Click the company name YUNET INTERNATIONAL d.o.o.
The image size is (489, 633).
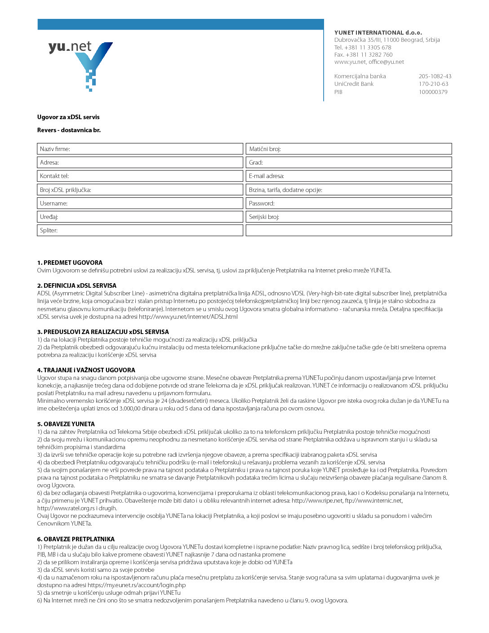point(378,32)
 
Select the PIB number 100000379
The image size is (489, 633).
point(433,92)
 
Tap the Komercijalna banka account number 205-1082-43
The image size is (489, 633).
point(435,76)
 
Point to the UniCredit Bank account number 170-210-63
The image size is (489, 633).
point(433,84)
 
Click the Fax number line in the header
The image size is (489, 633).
point(363,54)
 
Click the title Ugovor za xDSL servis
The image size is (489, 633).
point(68,117)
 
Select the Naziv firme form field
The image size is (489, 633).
point(140,149)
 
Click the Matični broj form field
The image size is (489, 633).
point(348,149)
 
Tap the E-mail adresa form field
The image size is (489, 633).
point(348,176)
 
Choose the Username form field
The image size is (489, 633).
point(140,203)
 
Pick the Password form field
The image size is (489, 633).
point(348,203)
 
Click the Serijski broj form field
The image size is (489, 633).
point(348,217)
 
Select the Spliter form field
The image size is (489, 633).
point(140,230)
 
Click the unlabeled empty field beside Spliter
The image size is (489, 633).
point(348,230)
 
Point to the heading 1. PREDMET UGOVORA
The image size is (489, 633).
point(70,263)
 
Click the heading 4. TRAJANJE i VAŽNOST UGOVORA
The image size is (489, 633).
point(86,370)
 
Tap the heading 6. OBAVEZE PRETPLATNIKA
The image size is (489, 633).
point(76,539)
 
